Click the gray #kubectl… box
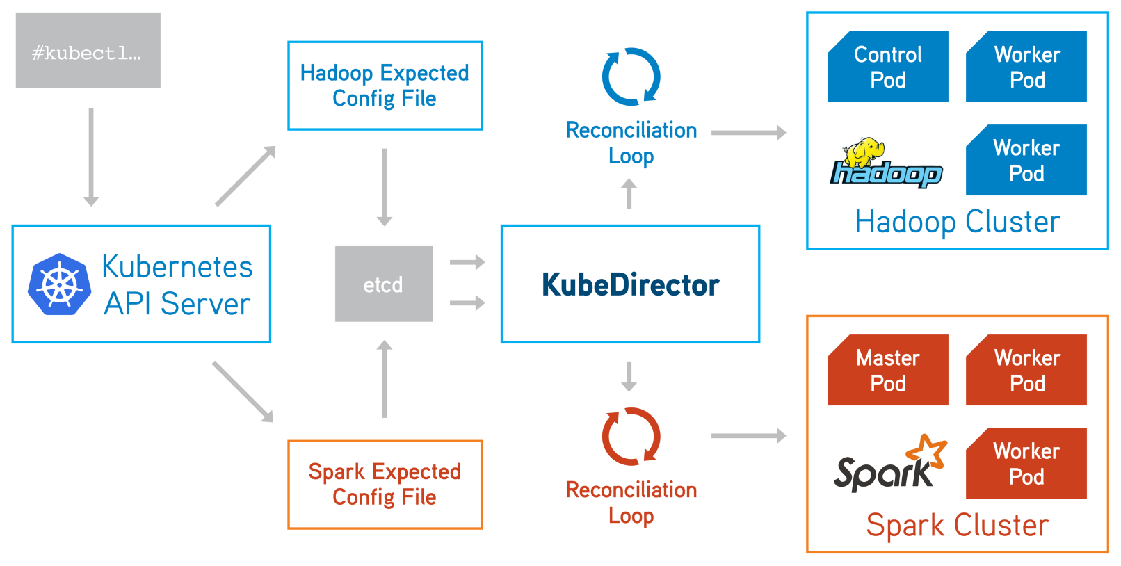[88, 50]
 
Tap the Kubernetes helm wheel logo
[59, 284]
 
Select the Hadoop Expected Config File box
[385, 86]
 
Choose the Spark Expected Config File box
[385, 485]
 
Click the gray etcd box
[383, 284]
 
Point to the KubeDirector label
[630, 284]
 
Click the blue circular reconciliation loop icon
[631, 76]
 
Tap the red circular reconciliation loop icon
[631, 436]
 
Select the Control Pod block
[887, 67]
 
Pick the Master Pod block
[887, 370]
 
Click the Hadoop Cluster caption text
[957, 223]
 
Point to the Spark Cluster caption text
[957, 526]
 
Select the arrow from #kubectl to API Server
[90, 157]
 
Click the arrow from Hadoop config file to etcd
[384, 186]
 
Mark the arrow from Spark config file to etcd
[384, 380]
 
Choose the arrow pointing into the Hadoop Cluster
[748, 132]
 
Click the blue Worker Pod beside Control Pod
[1026, 67]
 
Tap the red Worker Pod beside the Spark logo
[1026, 464]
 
